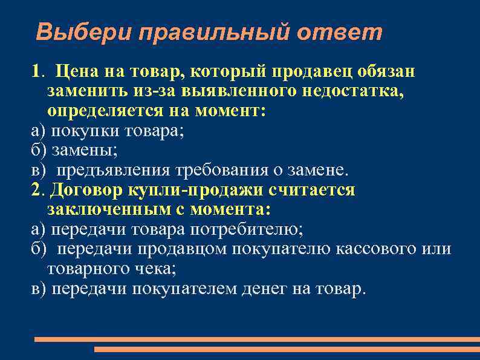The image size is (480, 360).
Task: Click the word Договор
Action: coord(87,190)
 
